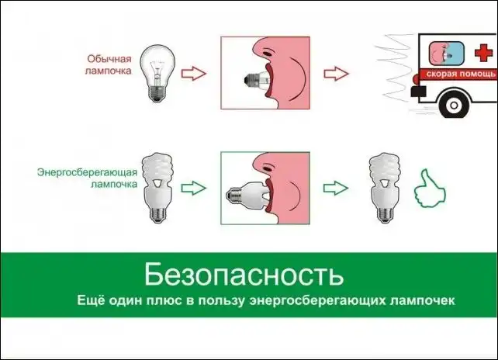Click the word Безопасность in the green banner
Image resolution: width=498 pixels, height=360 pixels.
[244, 274]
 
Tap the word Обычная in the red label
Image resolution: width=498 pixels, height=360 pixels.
[109, 59]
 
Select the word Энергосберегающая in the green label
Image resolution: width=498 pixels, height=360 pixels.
[87, 173]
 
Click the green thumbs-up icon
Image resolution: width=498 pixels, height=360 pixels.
[430, 189]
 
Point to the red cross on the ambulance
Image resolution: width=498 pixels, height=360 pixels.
[483, 52]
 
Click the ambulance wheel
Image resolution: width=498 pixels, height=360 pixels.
[454, 104]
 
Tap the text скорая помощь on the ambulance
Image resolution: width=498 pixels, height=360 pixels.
[461, 74]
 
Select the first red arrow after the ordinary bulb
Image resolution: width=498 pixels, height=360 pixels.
[194, 74]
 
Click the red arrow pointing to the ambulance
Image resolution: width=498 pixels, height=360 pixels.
[337, 74]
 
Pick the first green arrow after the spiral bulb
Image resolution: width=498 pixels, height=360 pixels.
[194, 188]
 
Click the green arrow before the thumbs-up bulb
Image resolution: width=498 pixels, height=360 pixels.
[336, 188]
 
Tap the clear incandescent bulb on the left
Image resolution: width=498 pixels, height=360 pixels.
[157, 73]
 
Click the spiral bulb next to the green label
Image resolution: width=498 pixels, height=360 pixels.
[157, 188]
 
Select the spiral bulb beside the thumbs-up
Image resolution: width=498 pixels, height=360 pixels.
[385, 188]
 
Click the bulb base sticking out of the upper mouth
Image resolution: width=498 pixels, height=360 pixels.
[251, 80]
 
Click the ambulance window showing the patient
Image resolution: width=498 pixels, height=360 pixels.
[446, 53]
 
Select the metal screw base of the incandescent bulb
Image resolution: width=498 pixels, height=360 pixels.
[157, 93]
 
